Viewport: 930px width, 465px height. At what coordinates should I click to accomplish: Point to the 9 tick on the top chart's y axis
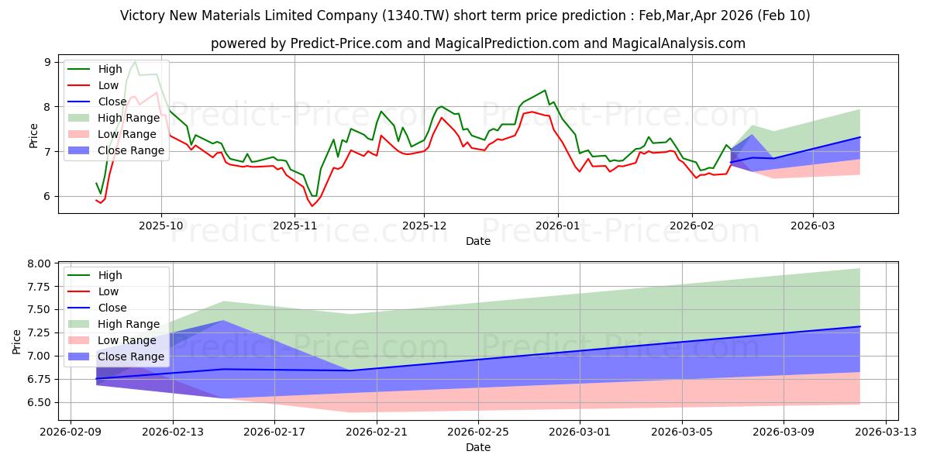tap(47, 62)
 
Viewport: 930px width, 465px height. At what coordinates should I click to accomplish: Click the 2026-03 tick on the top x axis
tap(813, 226)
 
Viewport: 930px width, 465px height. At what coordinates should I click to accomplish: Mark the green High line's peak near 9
tap(135, 61)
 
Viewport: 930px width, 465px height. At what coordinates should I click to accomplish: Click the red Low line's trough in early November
tap(312, 205)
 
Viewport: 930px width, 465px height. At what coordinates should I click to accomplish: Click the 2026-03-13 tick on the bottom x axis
tap(885, 432)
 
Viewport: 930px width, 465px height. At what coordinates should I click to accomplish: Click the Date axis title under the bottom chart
tap(478, 447)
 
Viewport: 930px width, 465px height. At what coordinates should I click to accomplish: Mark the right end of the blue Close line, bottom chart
tap(860, 326)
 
